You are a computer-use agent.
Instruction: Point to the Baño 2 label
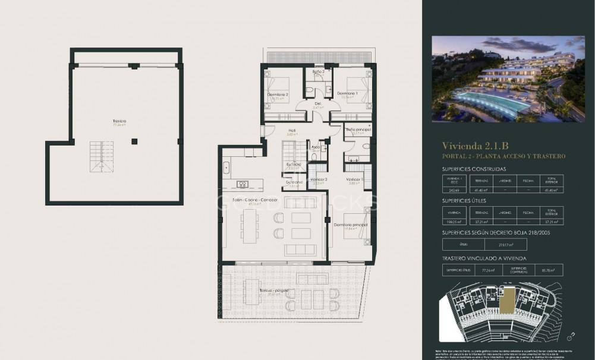pos(318,71)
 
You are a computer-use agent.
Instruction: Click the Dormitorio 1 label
pos(347,94)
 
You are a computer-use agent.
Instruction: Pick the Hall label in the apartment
pos(292,131)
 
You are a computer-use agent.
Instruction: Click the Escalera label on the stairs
pos(293,164)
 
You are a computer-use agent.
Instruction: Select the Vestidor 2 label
pos(319,179)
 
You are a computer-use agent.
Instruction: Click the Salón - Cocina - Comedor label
pos(255,200)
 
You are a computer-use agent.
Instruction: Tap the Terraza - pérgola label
pos(274,290)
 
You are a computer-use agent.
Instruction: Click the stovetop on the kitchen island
pos(243,184)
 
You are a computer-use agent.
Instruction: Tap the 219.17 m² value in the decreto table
pos(505,244)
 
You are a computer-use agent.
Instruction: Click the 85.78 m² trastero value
pos(548,270)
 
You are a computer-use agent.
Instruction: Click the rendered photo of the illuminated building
pos(508,78)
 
